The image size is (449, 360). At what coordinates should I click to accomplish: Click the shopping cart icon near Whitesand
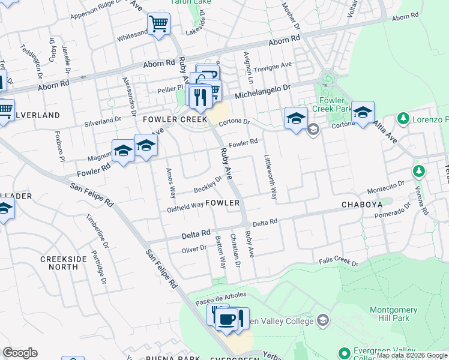158,25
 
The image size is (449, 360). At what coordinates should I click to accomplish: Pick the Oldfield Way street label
185,206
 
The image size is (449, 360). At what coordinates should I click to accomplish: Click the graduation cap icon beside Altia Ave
363,113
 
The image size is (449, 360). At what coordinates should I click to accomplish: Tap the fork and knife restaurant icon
200,96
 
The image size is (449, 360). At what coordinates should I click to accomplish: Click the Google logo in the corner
20,353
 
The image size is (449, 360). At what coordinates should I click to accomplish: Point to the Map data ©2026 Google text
412,356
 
